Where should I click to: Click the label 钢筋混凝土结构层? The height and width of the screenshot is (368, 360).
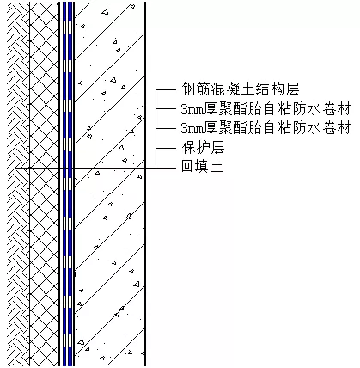click(x=241, y=89)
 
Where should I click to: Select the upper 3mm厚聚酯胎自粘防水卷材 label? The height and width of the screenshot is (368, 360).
click(x=266, y=109)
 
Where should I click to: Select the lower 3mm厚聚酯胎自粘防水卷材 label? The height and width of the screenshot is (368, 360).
click(x=266, y=127)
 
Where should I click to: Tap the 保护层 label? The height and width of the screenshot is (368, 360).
click(x=203, y=147)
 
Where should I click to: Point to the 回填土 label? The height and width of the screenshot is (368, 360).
click(x=203, y=166)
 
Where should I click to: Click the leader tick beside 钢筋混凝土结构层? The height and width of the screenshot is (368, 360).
click(x=166, y=90)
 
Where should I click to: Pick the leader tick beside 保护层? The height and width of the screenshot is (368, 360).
click(x=166, y=148)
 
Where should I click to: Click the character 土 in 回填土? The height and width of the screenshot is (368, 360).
click(x=217, y=166)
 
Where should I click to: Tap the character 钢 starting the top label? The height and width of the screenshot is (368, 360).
click(x=188, y=89)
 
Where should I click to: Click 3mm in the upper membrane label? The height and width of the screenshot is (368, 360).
click(x=193, y=110)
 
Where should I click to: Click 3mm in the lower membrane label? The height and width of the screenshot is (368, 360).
click(x=193, y=128)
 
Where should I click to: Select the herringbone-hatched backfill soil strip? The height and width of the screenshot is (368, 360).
click(x=18, y=184)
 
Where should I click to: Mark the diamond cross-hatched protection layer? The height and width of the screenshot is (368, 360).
click(x=44, y=184)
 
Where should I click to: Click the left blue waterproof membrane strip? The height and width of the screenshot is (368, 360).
click(x=64, y=184)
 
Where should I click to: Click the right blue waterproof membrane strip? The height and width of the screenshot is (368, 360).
click(x=70, y=184)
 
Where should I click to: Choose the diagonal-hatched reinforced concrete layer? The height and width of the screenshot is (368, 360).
click(x=109, y=184)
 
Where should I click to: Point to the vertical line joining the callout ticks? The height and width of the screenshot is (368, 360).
click(x=156, y=129)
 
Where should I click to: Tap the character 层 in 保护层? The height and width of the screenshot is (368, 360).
click(x=217, y=147)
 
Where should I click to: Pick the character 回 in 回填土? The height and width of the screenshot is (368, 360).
click(x=187, y=166)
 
